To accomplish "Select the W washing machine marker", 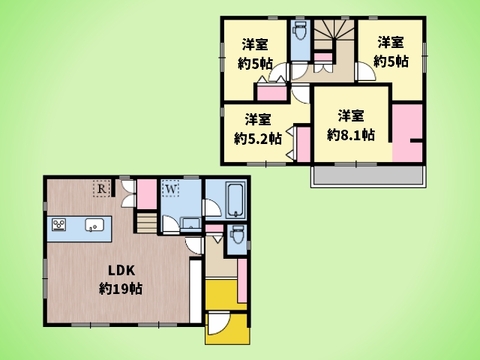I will pos(171,187).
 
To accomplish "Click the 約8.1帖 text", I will pos(349,133).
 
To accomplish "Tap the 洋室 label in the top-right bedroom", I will pos(391,43).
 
